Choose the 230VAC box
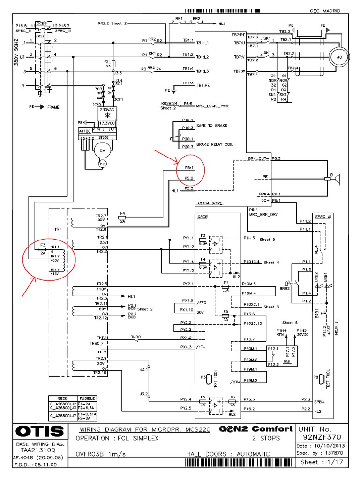107,109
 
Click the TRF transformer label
58,230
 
